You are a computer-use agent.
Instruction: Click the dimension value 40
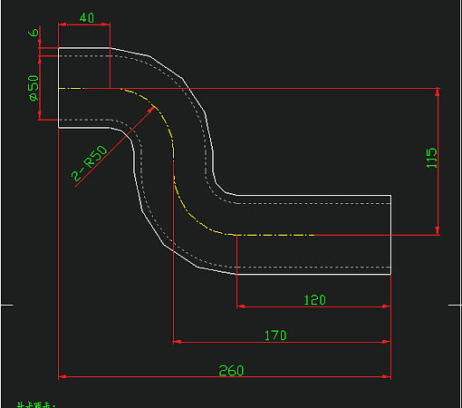87,18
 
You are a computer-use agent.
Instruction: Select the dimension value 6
34,33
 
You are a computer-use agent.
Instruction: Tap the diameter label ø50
33,88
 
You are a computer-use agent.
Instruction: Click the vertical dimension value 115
431,160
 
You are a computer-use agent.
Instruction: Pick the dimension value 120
314,299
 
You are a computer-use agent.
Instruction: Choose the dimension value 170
275,335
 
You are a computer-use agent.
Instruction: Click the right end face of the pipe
390,234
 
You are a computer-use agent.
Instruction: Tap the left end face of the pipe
59,88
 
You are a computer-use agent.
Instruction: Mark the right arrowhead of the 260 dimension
386,375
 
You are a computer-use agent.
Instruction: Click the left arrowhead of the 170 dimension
178,342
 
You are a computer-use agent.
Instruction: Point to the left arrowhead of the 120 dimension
242,306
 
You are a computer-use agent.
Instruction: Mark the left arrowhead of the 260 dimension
63,375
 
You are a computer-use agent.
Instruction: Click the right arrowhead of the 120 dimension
386,306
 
